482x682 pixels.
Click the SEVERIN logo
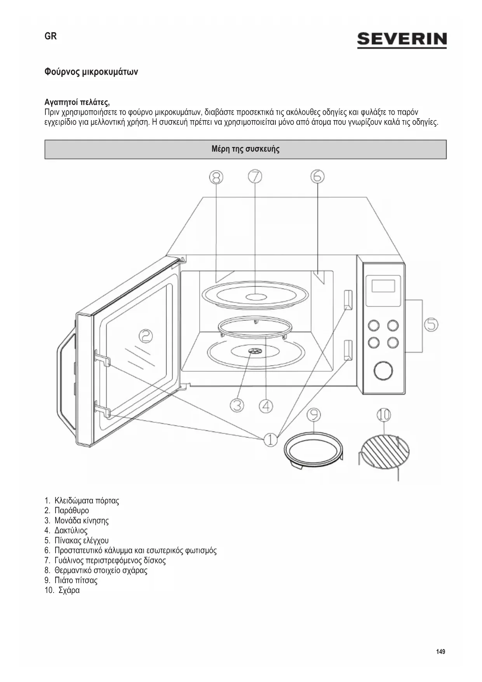(x=402, y=40)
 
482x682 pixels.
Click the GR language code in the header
(x=50, y=36)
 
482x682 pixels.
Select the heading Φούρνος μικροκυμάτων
(x=91, y=72)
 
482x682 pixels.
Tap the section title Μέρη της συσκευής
(x=245, y=149)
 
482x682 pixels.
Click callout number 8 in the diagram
(x=216, y=177)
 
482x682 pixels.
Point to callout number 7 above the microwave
(x=255, y=177)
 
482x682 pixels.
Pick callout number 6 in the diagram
(x=317, y=177)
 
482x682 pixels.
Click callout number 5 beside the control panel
(x=431, y=324)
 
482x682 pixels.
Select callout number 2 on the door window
(x=146, y=336)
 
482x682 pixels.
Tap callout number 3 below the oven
(x=237, y=406)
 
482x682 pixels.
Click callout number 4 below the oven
(x=266, y=406)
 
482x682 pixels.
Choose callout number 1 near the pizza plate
(x=270, y=439)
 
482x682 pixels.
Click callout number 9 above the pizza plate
(x=313, y=415)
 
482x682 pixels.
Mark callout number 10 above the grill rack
(x=383, y=415)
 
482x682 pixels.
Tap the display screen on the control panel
(x=383, y=286)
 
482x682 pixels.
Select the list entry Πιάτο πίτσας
(x=76, y=580)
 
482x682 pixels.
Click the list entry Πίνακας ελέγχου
(x=81, y=540)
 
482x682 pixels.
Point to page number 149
(x=440, y=652)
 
